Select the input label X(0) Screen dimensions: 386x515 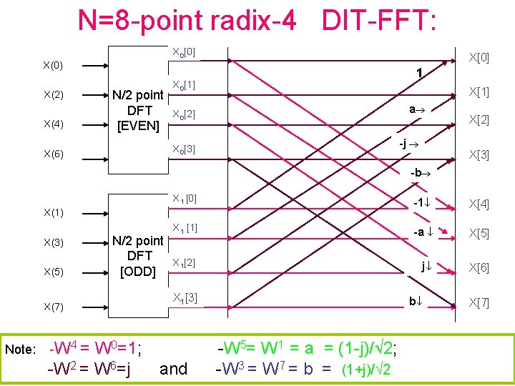[53, 66]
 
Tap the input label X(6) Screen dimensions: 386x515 [53, 154]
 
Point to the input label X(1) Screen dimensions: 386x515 [53, 212]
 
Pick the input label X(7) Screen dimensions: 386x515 [53, 307]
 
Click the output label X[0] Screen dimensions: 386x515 [479, 56]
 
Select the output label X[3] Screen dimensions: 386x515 [479, 155]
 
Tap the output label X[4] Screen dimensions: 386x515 [479, 205]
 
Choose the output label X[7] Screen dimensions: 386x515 [479, 302]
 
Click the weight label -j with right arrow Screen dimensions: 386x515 [408, 144]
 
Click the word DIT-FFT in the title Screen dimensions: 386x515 [378, 21]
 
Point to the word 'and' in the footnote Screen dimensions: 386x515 [173, 369]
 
